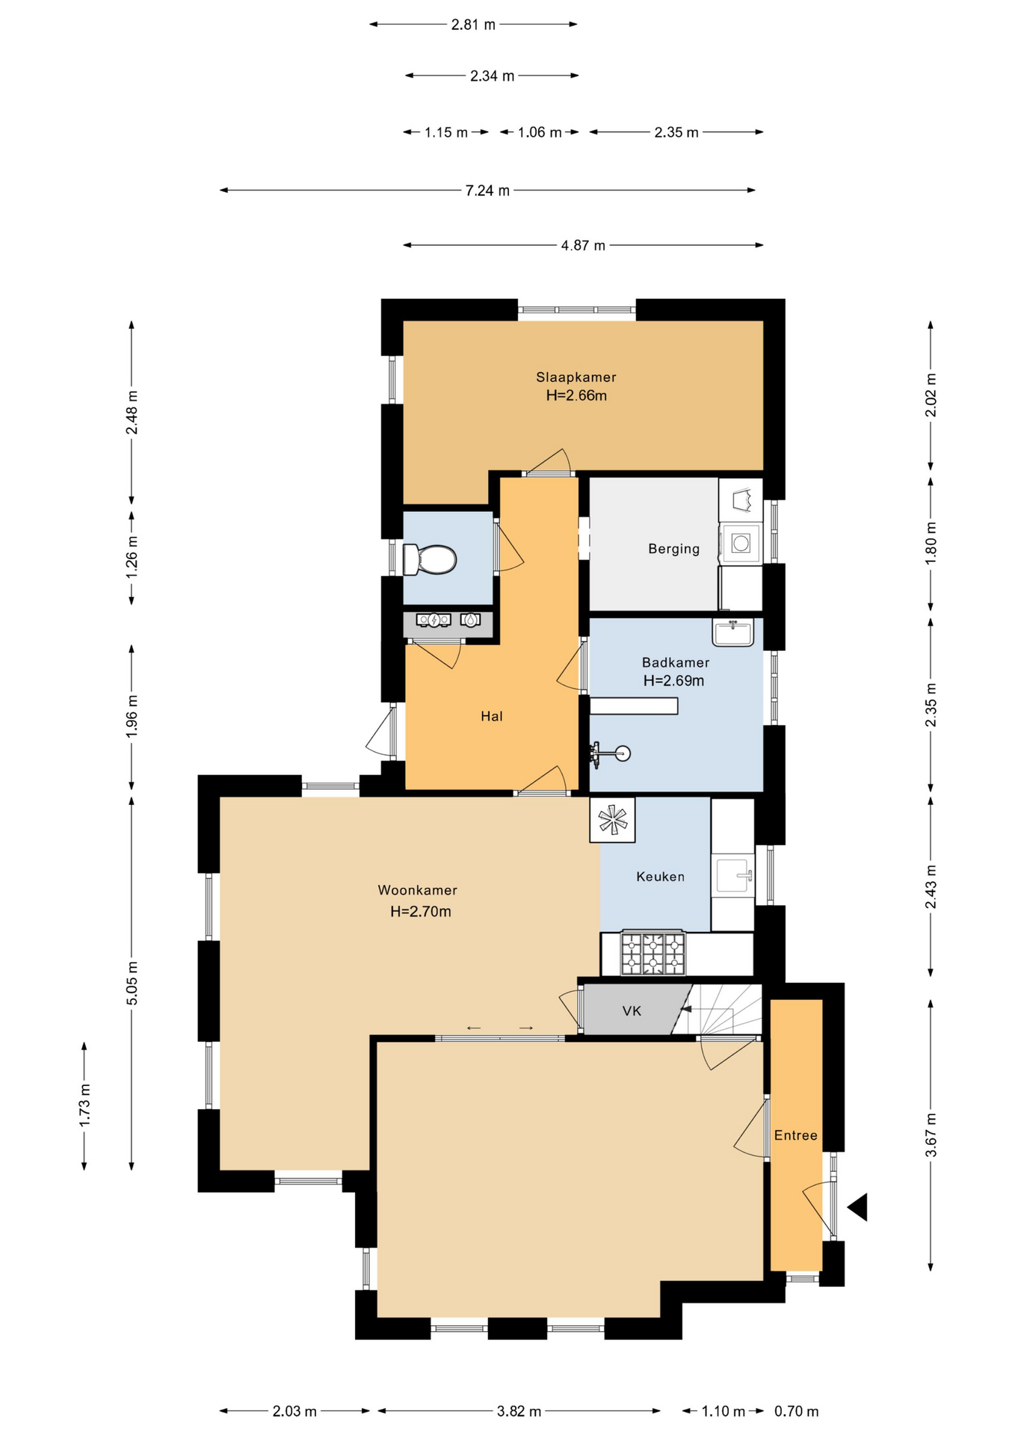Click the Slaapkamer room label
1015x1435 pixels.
[576, 377]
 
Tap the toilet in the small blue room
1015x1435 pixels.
[429, 559]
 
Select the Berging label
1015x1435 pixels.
[673, 549]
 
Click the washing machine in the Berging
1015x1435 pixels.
[740, 543]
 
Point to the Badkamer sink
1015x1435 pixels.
[732, 632]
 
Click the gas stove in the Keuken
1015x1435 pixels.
[652, 953]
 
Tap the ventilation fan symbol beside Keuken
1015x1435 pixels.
[612, 820]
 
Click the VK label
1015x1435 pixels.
[632, 1010]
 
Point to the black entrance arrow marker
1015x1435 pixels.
[859, 1207]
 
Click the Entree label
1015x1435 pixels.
[795, 1135]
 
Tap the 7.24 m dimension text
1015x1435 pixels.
[487, 191]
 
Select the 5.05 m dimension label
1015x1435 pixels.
[132, 982]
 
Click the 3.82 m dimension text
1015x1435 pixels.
[519, 1411]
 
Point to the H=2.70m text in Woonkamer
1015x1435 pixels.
[420, 911]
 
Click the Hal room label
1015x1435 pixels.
[491, 716]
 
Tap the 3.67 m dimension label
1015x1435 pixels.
[931, 1135]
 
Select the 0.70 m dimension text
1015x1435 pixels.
[796, 1411]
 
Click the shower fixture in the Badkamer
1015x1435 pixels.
[610, 753]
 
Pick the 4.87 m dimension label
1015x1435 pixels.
[583, 245]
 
